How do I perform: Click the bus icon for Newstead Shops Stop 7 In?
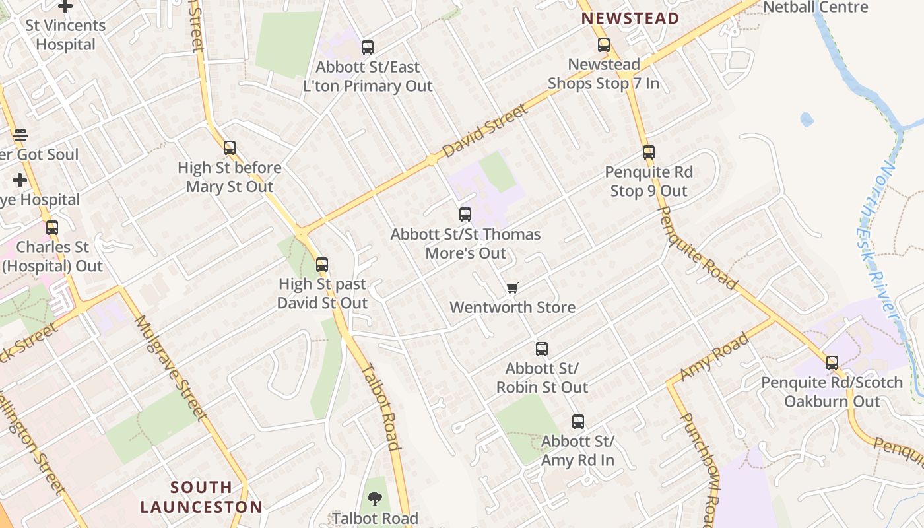pyautogui.click(x=604, y=45)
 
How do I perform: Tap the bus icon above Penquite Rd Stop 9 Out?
pyautogui.click(x=649, y=152)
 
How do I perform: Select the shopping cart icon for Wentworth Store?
pyautogui.click(x=513, y=288)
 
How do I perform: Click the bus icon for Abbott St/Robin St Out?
pyautogui.click(x=542, y=349)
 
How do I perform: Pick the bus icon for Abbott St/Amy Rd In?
pyautogui.click(x=578, y=421)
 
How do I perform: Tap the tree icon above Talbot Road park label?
pyautogui.click(x=375, y=498)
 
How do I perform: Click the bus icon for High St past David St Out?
pyautogui.click(x=322, y=265)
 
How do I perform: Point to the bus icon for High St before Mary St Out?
pyautogui.click(x=230, y=148)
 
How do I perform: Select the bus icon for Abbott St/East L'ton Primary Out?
pyautogui.click(x=368, y=48)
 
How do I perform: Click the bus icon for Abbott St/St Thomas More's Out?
pyautogui.click(x=465, y=214)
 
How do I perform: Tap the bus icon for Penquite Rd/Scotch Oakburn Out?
pyautogui.click(x=832, y=363)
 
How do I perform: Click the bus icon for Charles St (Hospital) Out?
pyautogui.click(x=52, y=228)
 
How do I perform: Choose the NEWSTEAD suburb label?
pyautogui.click(x=630, y=18)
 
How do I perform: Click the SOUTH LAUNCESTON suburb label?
pyautogui.click(x=201, y=497)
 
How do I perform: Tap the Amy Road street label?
pyautogui.click(x=714, y=356)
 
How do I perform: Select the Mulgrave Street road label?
pyautogui.click(x=171, y=367)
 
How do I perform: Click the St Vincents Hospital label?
pyautogui.click(x=65, y=35)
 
